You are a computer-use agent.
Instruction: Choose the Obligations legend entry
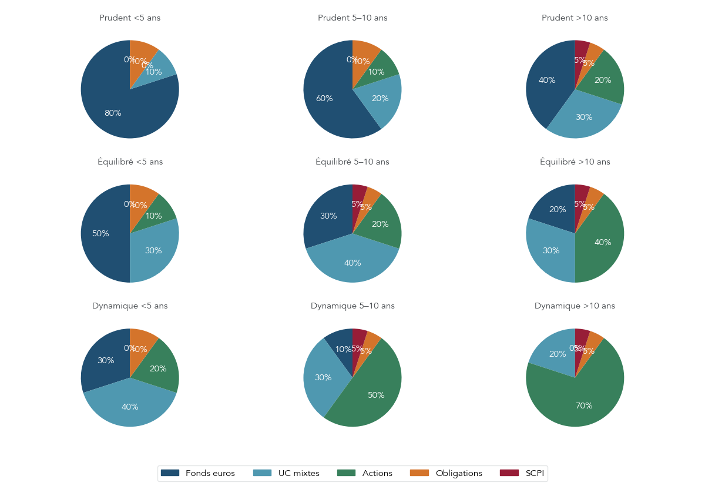tap(450, 473)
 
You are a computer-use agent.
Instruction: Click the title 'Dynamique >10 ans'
tap(575, 306)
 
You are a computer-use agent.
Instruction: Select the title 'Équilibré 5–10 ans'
tap(352, 162)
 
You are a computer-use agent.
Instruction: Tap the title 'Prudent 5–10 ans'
tap(352, 18)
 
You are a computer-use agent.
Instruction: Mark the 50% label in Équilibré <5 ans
tap(100, 234)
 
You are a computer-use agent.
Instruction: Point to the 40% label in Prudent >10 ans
tap(547, 81)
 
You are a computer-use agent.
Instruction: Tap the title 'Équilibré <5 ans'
tap(130, 162)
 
